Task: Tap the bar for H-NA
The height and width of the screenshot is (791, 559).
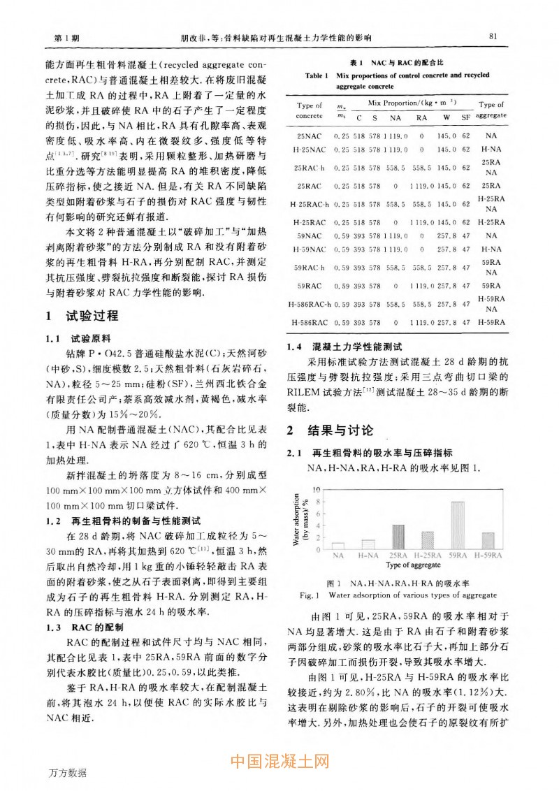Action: pos(368,544)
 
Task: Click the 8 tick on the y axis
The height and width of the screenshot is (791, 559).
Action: pos(319,502)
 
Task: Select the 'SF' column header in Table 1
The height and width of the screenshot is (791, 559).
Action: pos(465,117)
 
